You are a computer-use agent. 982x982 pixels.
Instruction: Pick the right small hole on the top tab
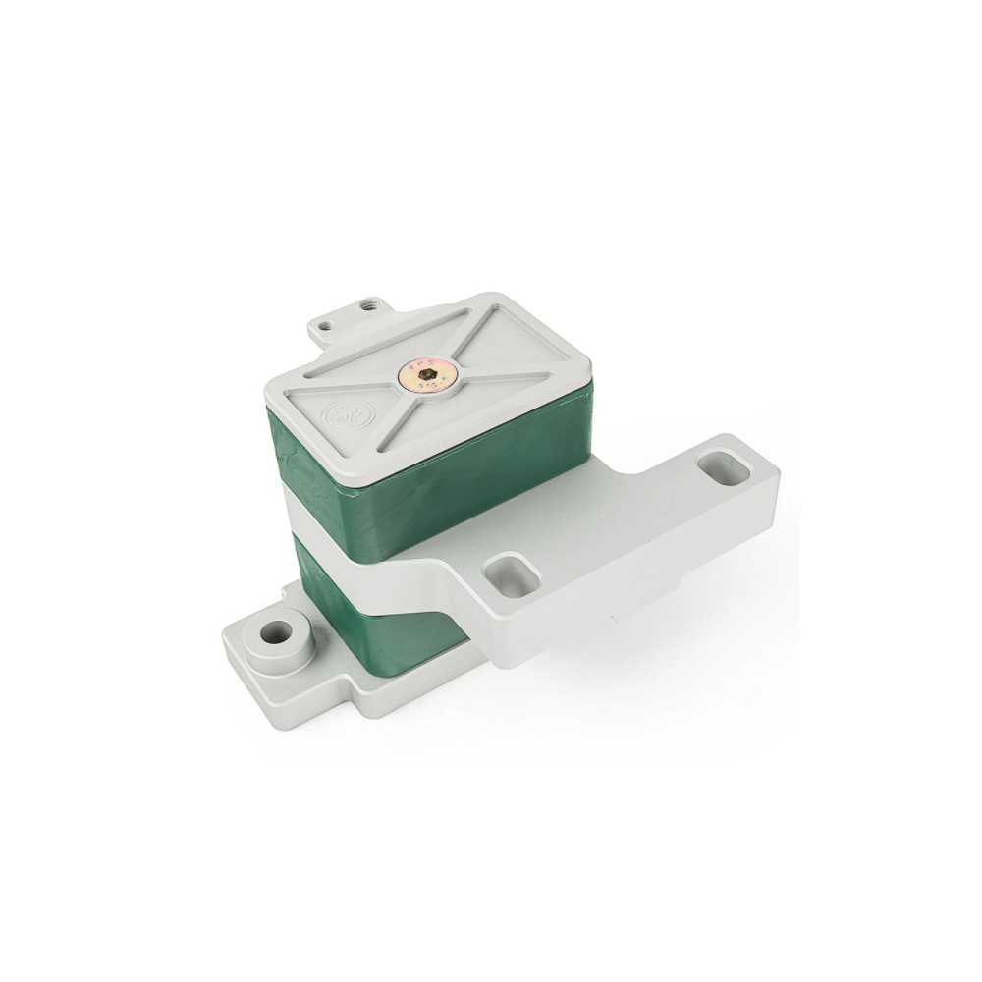point(369,306)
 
